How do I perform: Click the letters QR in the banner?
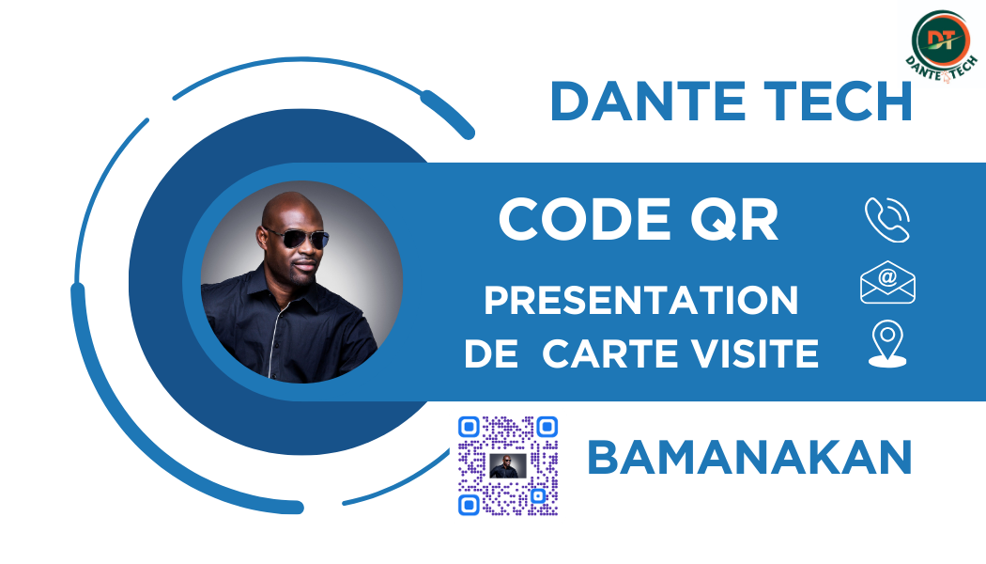point(734,220)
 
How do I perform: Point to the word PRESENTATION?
point(640,300)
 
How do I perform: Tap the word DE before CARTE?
point(491,353)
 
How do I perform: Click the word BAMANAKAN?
point(749,458)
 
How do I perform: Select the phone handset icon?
point(887,220)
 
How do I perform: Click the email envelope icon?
point(887,283)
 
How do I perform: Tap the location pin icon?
point(887,344)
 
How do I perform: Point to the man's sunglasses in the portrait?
point(296,238)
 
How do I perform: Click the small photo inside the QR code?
point(508,466)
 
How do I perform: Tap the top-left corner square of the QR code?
point(470,428)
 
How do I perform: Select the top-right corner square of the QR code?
point(547,428)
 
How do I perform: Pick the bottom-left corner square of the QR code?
point(470,505)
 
